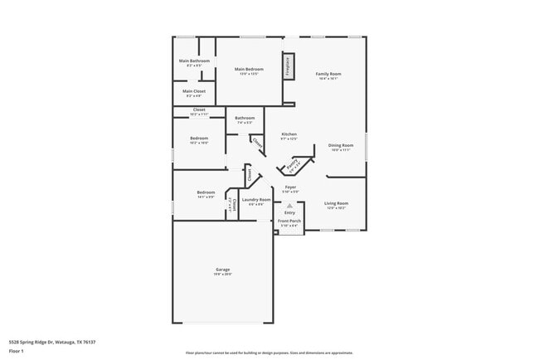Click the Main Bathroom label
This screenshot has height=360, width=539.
(x=194, y=61)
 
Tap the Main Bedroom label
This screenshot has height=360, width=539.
(x=249, y=69)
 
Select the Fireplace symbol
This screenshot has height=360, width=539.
(x=288, y=66)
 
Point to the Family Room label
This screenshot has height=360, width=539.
(x=328, y=74)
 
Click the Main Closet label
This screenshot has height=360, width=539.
(x=194, y=91)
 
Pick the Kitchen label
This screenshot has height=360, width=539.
(x=289, y=134)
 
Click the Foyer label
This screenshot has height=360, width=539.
(x=291, y=187)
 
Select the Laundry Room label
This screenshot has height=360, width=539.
(x=256, y=200)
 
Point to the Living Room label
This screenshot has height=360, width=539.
(x=336, y=203)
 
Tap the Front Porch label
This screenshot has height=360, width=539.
(x=289, y=221)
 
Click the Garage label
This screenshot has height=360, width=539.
(x=223, y=270)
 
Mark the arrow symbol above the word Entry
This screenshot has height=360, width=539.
(x=289, y=204)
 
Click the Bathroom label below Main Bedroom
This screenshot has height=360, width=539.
(x=245, y=118)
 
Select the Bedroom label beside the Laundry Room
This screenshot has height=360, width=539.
(x=206, y=192)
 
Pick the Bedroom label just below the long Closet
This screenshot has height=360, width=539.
(x=199, y=139)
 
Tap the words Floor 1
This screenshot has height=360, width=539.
(x=17, y=352)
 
